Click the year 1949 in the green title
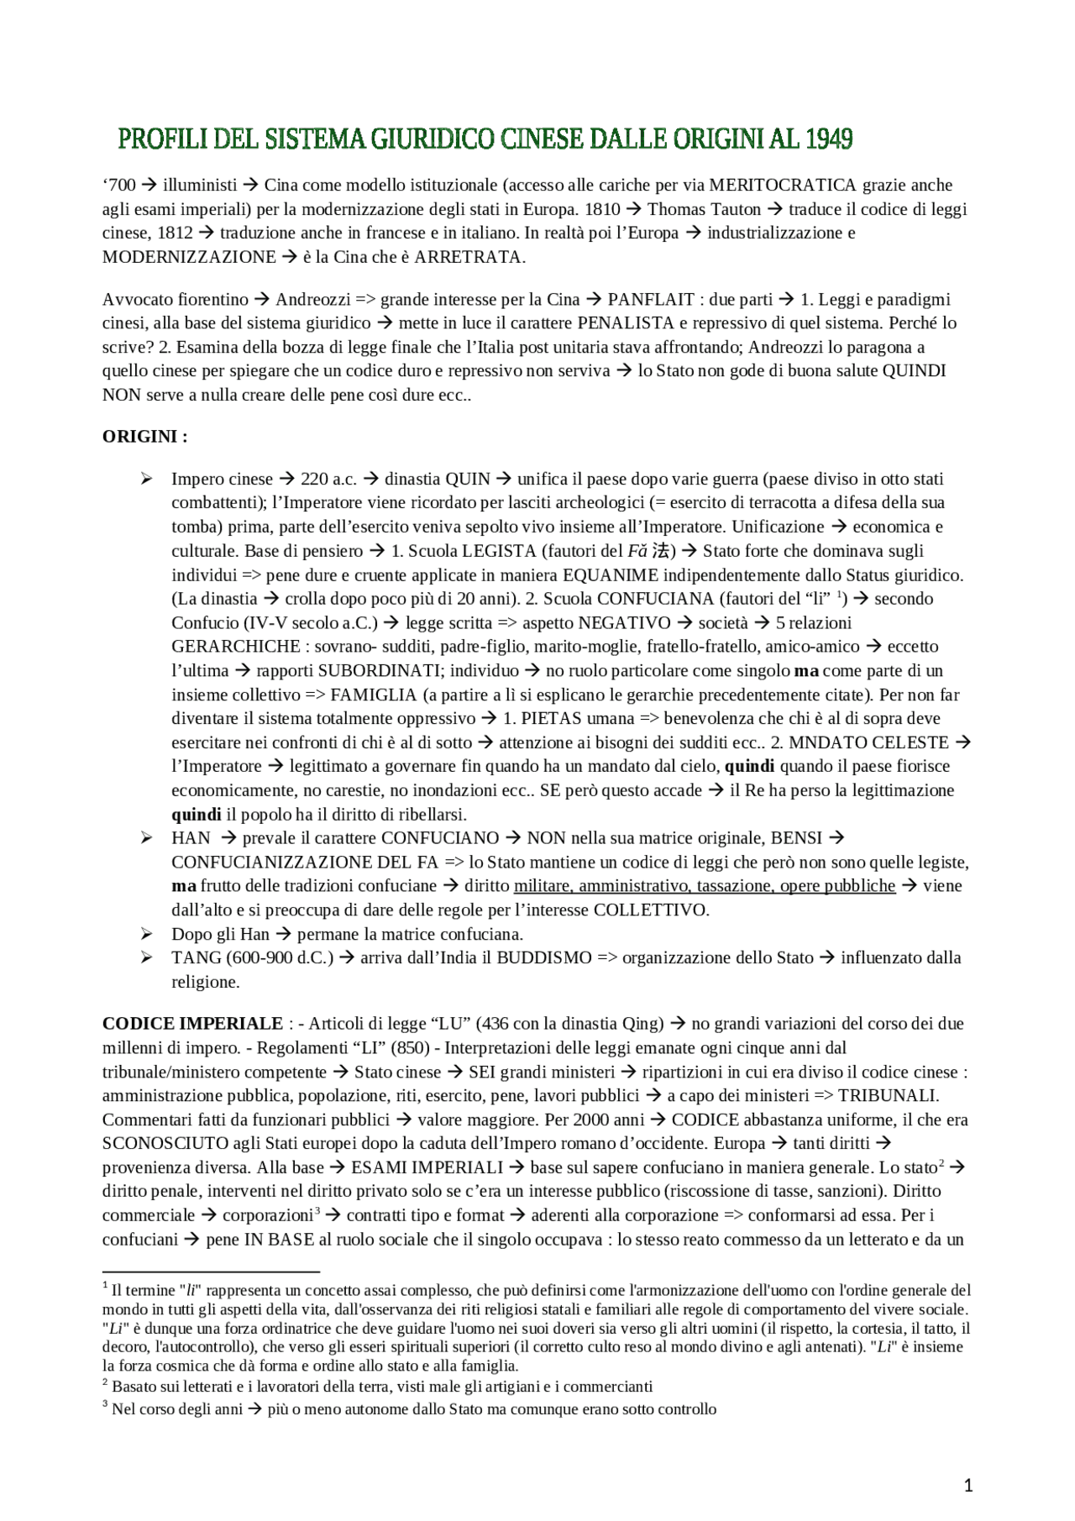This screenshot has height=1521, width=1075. point(829,139)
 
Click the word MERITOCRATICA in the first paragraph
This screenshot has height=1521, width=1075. point(783,185)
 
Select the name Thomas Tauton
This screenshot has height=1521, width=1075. point(704,209)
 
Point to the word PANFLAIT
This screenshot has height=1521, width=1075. point(651,299)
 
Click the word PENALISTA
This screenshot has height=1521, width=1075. point(626,323)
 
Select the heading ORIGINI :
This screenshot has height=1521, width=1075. point(144,436)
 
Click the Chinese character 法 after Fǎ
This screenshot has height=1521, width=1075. point(661,551)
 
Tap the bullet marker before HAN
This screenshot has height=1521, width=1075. point(147,837)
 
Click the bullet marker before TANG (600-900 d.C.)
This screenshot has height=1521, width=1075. point(147,957)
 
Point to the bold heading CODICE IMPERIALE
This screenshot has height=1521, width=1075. point(192,1023)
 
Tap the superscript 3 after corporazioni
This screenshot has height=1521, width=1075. point(317,1211)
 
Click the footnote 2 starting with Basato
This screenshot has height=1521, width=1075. point(382,1387)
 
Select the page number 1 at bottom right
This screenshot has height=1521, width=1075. point(968,1486)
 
